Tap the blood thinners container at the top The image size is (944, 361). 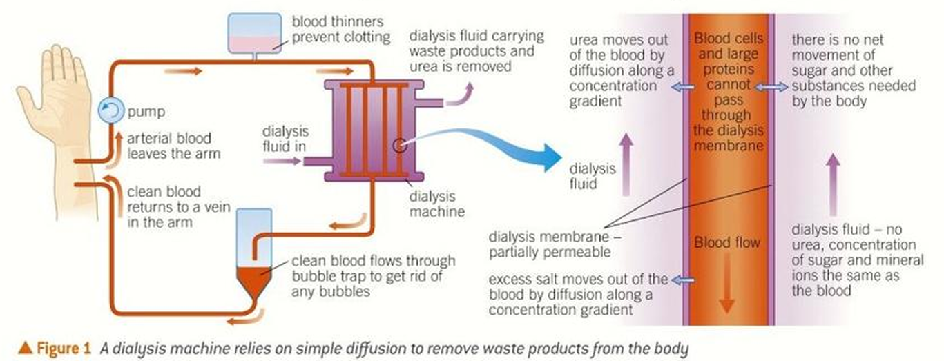(256, 32)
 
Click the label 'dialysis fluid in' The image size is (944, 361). (286, 138)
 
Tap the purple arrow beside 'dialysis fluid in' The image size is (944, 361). (283, 162)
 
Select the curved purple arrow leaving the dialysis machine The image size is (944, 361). (461, 95)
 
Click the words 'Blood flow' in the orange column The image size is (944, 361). (726, 242)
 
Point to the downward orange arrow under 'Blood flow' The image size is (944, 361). (726, 286)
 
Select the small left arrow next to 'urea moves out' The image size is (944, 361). (680, 87)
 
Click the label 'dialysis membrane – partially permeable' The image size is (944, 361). (559, 244)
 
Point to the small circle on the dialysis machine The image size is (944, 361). (398, 146)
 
